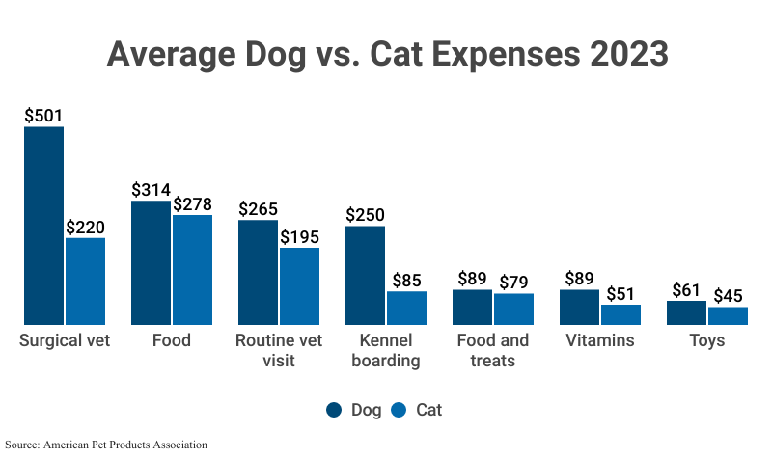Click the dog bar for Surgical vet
[43, 226]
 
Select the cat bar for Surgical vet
[85, 281]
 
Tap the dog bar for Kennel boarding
[365, 275]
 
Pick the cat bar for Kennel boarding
[406, 308]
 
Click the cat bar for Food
[192, 269]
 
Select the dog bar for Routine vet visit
[258, 272]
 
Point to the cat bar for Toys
[728, 315]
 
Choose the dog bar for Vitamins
[579, 307]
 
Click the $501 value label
[43, 115]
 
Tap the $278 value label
[192, 203]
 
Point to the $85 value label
[406, 281]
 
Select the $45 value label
[728, 296]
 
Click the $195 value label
[299, 237]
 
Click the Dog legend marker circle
[334, 410]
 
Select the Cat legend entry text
[428, 410]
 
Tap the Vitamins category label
[599, 340]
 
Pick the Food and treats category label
[492, 351]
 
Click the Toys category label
[706, 340]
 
